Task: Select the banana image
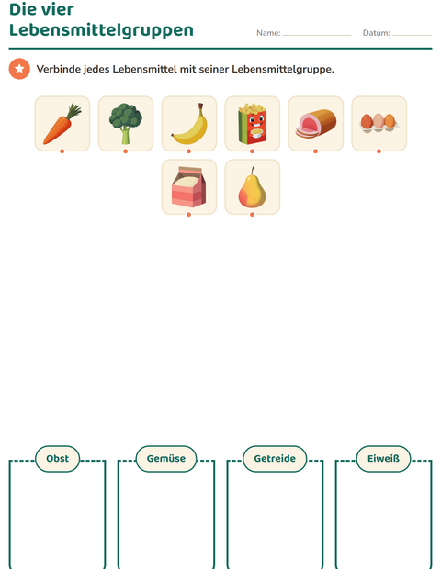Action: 189,124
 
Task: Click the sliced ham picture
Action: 316,123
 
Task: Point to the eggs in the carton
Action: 379,123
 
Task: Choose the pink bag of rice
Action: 189,187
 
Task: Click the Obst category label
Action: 57,459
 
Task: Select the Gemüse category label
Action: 166,459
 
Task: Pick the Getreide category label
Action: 275,459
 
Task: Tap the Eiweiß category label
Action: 383,459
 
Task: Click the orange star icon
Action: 19,69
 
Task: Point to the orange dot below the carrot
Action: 62,151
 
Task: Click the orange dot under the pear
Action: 252,215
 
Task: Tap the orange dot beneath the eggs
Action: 379,151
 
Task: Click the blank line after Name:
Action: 317,35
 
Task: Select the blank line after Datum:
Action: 413,35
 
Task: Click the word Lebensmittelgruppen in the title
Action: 101,30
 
